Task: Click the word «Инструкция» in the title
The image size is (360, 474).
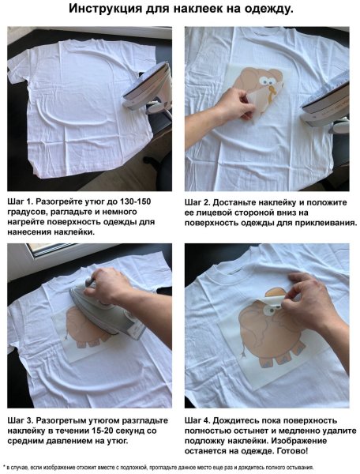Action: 106,9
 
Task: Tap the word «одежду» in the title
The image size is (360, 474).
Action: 268,9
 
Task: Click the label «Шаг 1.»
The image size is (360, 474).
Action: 20,201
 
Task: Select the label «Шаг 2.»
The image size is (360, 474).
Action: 197,202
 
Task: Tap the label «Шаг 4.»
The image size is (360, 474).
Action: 197,420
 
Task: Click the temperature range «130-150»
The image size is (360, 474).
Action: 135,201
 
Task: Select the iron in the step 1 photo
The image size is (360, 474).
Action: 148,88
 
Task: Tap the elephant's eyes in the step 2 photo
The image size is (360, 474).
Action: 267,81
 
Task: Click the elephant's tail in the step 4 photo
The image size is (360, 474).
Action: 242,351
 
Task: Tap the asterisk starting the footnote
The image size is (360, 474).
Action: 4,468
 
